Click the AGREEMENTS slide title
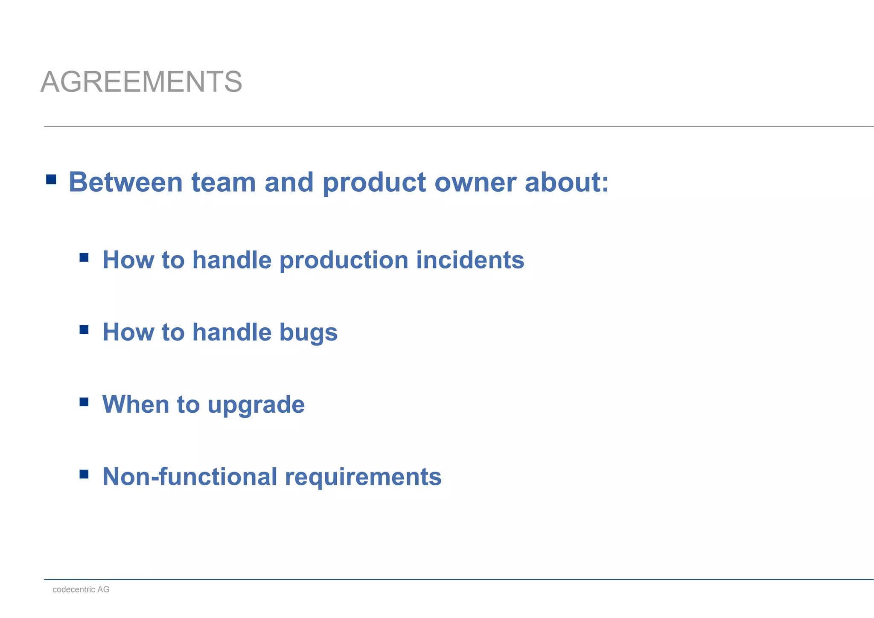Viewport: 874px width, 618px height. click(141, 82)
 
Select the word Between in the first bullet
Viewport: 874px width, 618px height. click(126, 182)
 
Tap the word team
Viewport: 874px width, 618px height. click(224, 182)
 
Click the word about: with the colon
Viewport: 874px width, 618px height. click(567, 182)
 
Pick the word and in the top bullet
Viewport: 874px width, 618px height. click(289, 182)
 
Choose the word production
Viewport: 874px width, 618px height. click(344, 260)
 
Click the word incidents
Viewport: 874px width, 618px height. click(470, 260)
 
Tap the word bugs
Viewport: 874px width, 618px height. click(308, 332)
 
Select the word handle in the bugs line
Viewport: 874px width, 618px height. click(232, 332)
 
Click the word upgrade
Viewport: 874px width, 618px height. click(256, 405)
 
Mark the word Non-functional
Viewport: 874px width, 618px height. click(190, 476)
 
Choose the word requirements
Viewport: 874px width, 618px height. click(363, 477)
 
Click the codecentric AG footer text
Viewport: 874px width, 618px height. click(81, 589)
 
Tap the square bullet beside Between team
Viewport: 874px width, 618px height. click(51, 179)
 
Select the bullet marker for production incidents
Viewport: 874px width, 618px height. click(84, 257)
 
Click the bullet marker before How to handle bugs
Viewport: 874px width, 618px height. click(84, 329)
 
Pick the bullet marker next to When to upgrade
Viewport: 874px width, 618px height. click(84, 402)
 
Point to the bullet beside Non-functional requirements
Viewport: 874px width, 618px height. click(84, 474)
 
